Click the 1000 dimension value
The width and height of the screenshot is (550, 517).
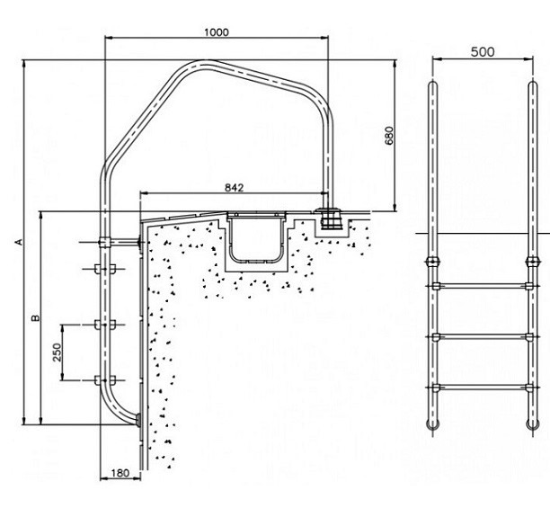pyautogui.click(x=217, y=32)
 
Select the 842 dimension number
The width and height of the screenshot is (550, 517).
pyautogui.click(x=234, y=188)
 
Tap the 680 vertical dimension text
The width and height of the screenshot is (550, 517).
pyautogui.click(x=389, y=136)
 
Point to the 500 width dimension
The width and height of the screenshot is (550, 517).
pyautogui.click(x=483, y=52)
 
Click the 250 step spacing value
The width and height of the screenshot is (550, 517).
pyautogui.click(x=57, y=352)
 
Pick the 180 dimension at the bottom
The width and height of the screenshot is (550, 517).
pyautogui.click(x=120, y=473)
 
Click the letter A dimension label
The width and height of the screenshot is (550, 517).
pyautogui.click(x=19, y=242)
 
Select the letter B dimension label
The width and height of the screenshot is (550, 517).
pyautogui.click(x=35, y=318)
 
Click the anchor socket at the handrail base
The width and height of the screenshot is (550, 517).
pyautogui.click(x=329, y=219)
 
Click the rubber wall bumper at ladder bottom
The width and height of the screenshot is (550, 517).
pyautogui.click(x=138, y=420)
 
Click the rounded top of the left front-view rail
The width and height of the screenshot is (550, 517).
pyautogui.click(x=432, y=85)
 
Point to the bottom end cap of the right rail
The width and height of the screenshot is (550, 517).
pyautogui.click(x=532, y=425)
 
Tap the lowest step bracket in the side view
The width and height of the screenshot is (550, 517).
pyautogui.click(x=105, y=379)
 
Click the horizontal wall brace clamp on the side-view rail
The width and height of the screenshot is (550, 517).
pyautogui.click(x=104, y=242)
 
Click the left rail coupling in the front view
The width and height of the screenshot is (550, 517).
pyautogui.click(x=432, y=262)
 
